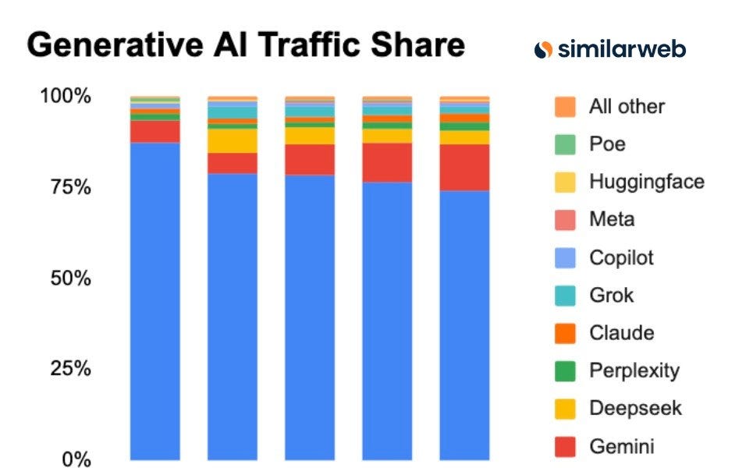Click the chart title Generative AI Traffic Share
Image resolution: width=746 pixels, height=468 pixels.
click(x=246, y=45)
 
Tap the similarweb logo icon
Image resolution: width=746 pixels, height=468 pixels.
click(x=544, y=49)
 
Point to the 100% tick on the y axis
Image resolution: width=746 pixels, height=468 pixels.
click(x=66, y=97)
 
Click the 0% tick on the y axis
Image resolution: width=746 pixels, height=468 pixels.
click(x=76, y=459)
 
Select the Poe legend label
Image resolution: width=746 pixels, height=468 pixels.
click(x=607, y=144)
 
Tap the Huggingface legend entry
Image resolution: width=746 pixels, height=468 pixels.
click(x=646, y=182)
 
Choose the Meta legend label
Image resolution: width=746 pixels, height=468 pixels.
click(x=612, y=220)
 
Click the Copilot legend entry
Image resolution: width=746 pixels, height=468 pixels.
click(x=621, y=257)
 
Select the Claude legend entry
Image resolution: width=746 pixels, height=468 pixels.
click(x=621, y=333)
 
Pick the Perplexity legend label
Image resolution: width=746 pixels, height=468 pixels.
click(x=634, y=370)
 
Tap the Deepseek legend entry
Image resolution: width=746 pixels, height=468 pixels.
click(x=634, y=408)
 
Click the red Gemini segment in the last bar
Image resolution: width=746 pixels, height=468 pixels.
click(x=464, y=167)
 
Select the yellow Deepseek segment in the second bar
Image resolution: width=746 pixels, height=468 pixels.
click(x=232, y=140)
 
